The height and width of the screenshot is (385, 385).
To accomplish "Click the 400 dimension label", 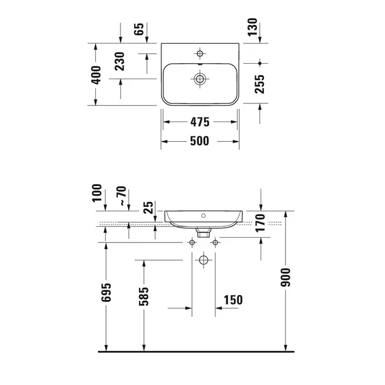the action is point(96,75).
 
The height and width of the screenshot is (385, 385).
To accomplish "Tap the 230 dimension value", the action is point(120,62).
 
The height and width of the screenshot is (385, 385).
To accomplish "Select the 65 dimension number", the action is point(139,29).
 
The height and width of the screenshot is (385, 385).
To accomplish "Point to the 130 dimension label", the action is point(252,27).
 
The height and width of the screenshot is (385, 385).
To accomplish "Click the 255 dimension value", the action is point(260,84).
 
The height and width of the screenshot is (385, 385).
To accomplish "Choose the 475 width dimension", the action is point(200,122).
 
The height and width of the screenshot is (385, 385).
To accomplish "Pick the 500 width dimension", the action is point(200,141).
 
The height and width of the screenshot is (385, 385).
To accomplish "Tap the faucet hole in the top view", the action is point(200,53).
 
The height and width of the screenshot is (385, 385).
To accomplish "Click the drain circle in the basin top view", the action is point(200,79).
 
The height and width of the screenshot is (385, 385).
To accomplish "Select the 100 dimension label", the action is point(97,193).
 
